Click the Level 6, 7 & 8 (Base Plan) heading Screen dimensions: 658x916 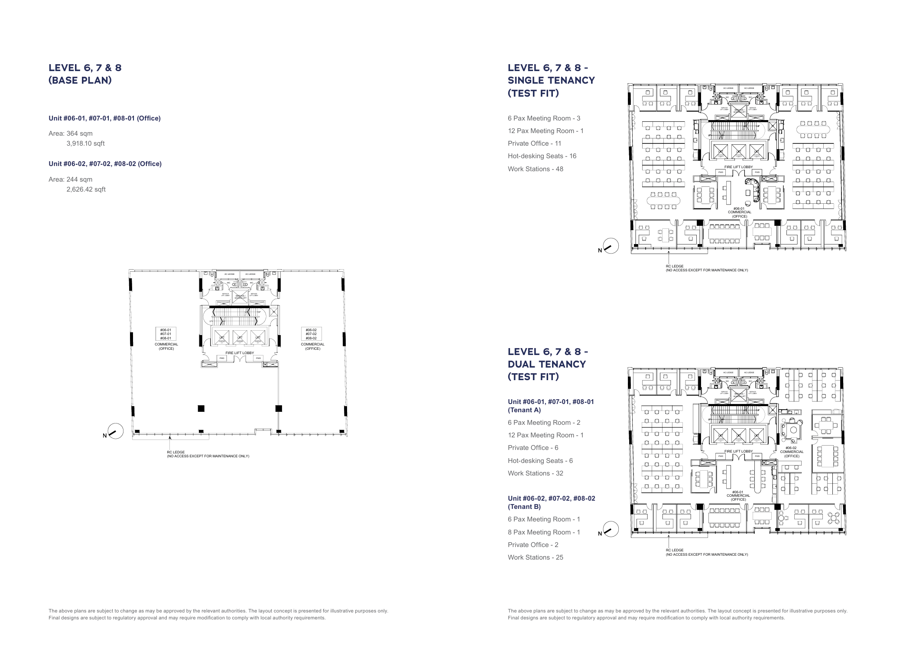(x=85, y=74)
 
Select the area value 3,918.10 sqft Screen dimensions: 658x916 (x=85, y=143)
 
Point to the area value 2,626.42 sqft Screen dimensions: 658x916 (x=86, y=189)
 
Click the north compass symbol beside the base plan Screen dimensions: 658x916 (x=115, y=431)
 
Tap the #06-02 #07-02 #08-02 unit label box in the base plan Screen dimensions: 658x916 (x=311, y=334)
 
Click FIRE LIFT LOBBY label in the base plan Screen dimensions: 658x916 (x=240, y=353)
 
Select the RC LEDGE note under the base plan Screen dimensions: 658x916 (x=208, y=454)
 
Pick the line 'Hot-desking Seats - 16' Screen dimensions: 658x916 (x=542, y=156)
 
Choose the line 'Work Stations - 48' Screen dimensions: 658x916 (x=535, y=169)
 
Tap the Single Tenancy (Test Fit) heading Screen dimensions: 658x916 (x=551, y=80)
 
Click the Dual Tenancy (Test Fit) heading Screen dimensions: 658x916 (x=547, y=364)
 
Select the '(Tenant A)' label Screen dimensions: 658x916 (x=524, y=410)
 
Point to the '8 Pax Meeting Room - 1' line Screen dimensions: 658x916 (x=543, y=532)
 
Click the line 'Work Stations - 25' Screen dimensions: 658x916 (x=535, y=557)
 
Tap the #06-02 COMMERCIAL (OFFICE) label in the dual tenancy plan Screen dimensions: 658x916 (x=792, y=452)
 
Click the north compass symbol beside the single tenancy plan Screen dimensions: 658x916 (x=610, y=246)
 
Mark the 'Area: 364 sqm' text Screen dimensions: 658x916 (x=71, y=134)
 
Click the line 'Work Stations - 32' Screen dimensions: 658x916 (x=535, y=473)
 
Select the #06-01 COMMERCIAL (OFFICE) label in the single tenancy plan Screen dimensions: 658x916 (x=740, y=212)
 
